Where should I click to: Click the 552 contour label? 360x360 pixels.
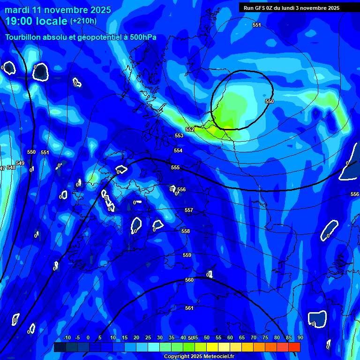tap(190, 129)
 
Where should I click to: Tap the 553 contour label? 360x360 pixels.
tap(179, 135)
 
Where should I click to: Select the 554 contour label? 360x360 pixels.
tap(178, 150)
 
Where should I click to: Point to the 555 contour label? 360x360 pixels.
tap(175, 167)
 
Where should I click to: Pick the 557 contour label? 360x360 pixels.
tap(188, 210)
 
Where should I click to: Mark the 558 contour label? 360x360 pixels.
tap(186, 231)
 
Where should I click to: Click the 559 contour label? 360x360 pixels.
tap(187, 255)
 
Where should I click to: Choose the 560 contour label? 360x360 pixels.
tap(189, 280)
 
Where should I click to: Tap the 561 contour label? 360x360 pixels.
tap(189, 308)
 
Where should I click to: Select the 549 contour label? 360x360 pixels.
tap(20, 163)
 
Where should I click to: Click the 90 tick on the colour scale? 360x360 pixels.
tap(300, 337)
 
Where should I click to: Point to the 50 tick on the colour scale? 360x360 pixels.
tap(207, 337)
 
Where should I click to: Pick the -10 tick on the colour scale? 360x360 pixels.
tap(67, 337)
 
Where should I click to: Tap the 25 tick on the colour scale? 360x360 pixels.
tap(148, 337)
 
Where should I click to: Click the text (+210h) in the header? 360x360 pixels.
tap(83, 21)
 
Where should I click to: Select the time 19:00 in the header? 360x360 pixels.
tap(19, 21)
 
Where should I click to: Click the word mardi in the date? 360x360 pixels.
tap(16, 9)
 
